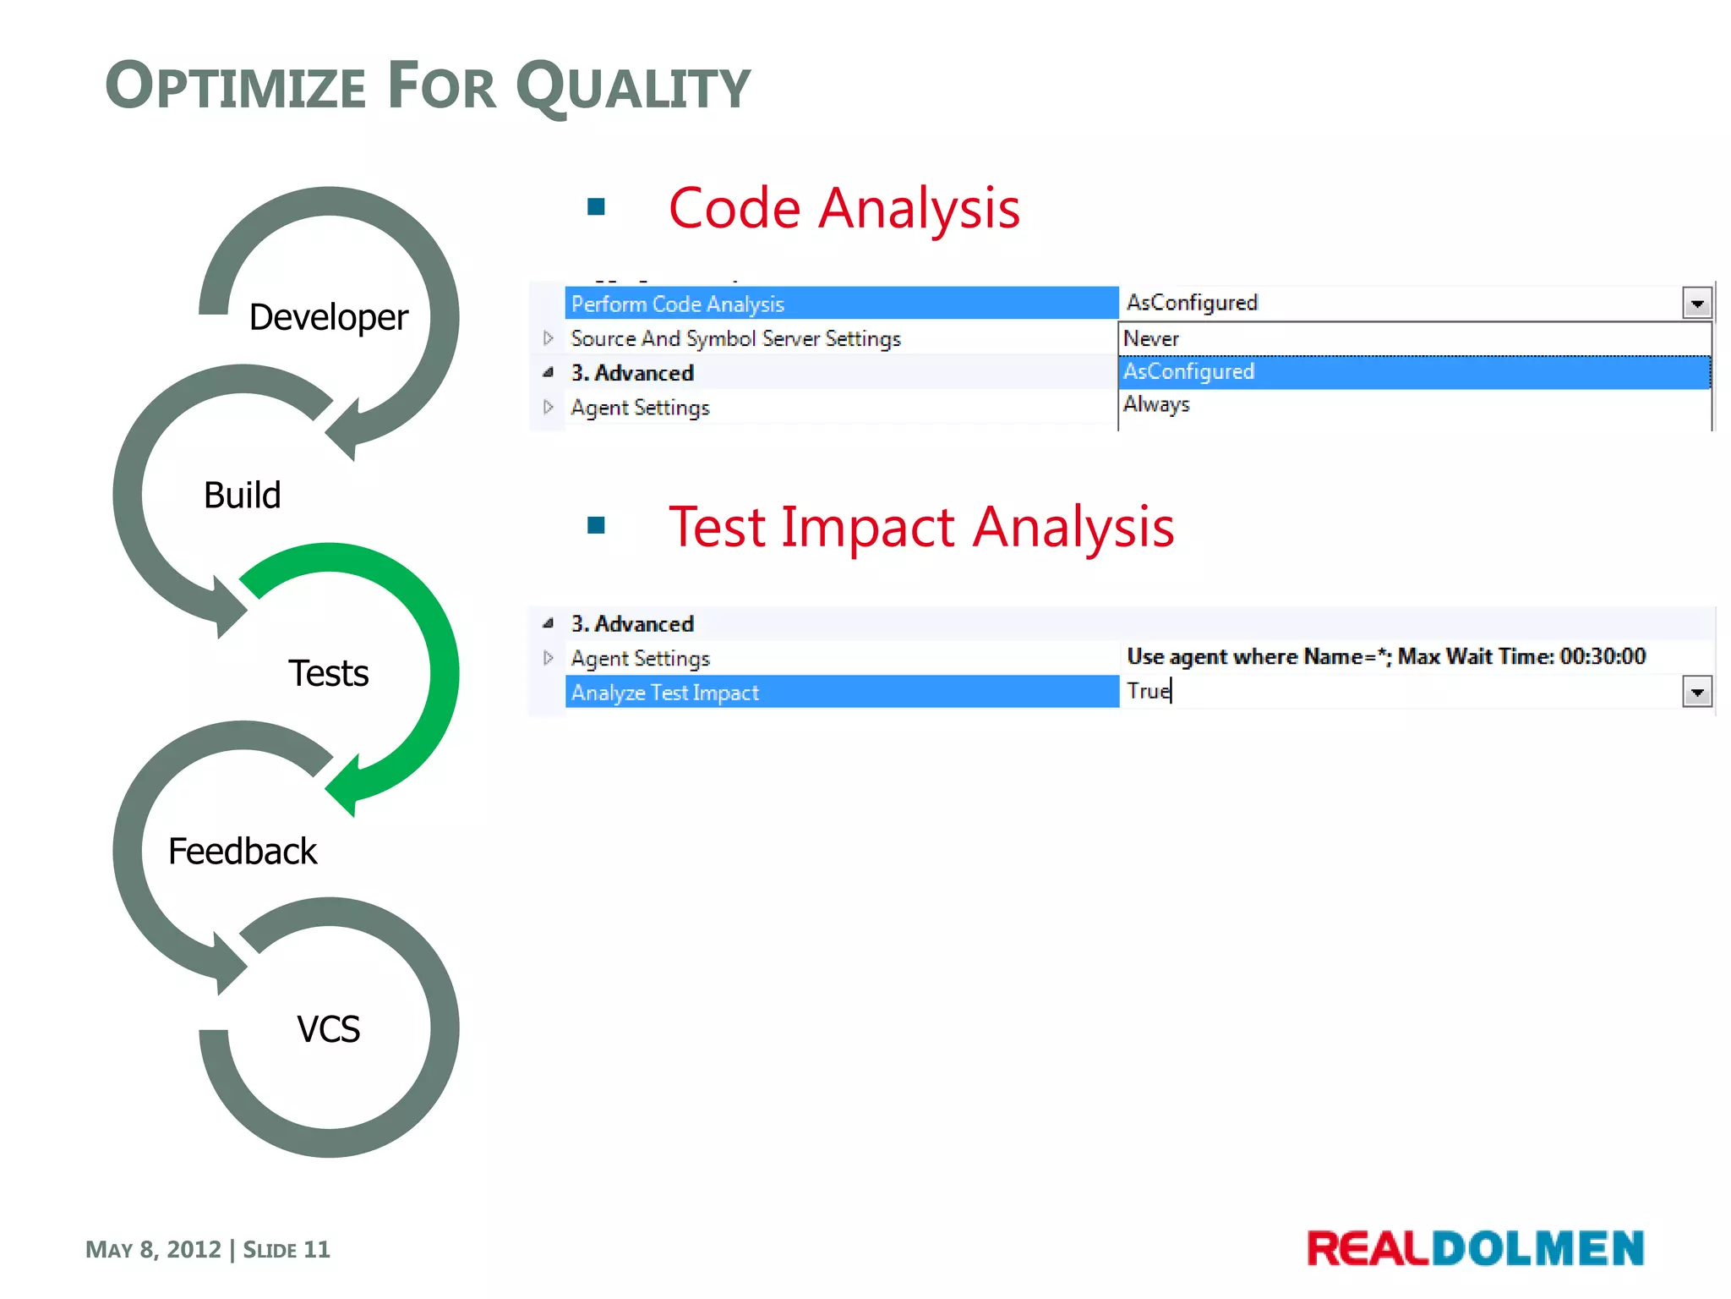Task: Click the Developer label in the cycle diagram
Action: pyautogui.click(x=328, y=318)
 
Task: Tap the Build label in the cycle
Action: pyautogui.click(x=242, y=496)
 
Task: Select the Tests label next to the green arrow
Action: pyautogui.click(x=328, y=674)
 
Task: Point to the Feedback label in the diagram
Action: pyautogui.click(x=242, y=852)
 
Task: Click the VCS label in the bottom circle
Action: pyautogui.click(x=328, y=1029)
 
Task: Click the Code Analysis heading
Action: pyautogui.click(x=844, y=209)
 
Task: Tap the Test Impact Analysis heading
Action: pyautogui.click(x=920, y=528)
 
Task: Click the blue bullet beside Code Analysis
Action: pyautogui.click(x=596, y=207)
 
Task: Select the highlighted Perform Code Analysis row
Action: pyautogui.click(x=841, y=304)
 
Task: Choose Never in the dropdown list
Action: pyautogui.click(x=1150, y=339)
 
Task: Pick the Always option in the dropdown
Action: pyautogui.click(x=1155, y=404)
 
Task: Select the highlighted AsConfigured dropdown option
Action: pyautogui.click(x=1188, y=372)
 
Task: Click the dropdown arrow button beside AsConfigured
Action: pyautogui.click(x=1696, y=303)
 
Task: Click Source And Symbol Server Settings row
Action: pyautogui.click(x=735, y=339)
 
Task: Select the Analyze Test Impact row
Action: pyautogui.click(x=841, y=693)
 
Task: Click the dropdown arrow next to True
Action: pyautogui.click(x=1696, y=693)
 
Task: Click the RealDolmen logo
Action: pyautogui.click(x=1475, y=1249)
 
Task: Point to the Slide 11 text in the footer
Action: pyautogui.click(x=287, y=1250)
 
